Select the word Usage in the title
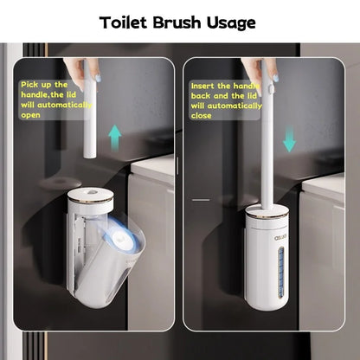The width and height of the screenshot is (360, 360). click(x=229, y=22)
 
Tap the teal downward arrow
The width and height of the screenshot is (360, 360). click(x=289, y=137)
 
